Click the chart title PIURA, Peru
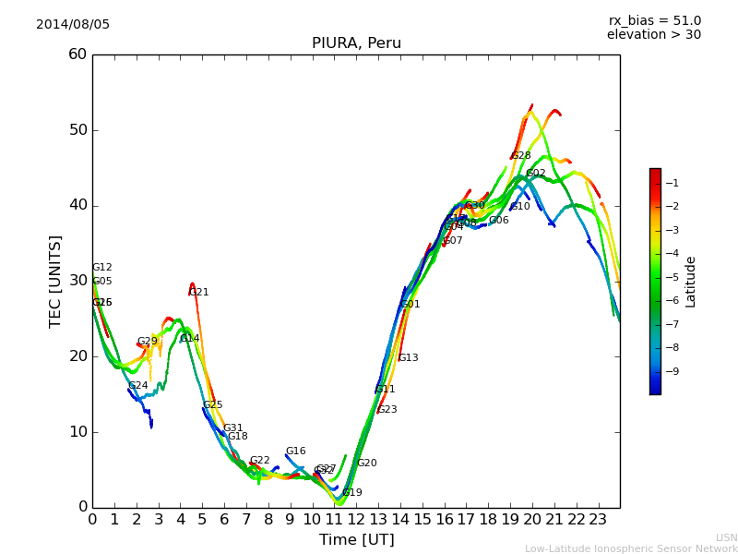pyautogui.click(x=356, y=43)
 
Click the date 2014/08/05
pyautogui.click(x=73, y=25)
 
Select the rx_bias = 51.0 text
pyautogui.click(x=654, y=21)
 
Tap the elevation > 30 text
pyautogui.click(x=654, y=35)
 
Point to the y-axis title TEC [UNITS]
pyautogui.click(x=56, y=281)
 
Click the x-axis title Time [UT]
pyautogui.click(x=356, y=540)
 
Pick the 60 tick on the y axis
pyautogui.click(x=77, y=54)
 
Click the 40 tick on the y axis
pyautogui.click(x=77, y=205)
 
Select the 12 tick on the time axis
pyautogui.click(x=356, y=519)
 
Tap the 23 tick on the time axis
pyautogui.click(x=598, y=519)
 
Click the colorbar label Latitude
pyautogui.click(x=691, y=282)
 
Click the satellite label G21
pyautogui.click(x=199, y=293)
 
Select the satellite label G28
pyautogui.click(x=521, y=156)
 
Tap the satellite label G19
pyautogui.click(x=352, y=493)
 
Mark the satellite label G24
pyautogui.click(x=138, y=386)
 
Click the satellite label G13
pyautogui.click(x=409, y=358)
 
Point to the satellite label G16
pyautogui.click(x=296, y=452)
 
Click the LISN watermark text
pyautogui.click(x=726, y=537)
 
